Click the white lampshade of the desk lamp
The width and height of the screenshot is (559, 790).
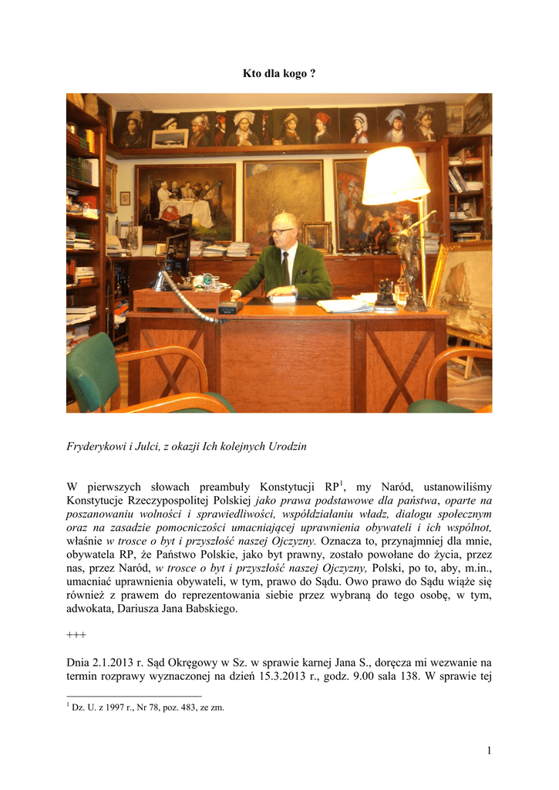395,176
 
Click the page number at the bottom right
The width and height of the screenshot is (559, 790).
487,750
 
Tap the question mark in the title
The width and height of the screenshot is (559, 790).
312,73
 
